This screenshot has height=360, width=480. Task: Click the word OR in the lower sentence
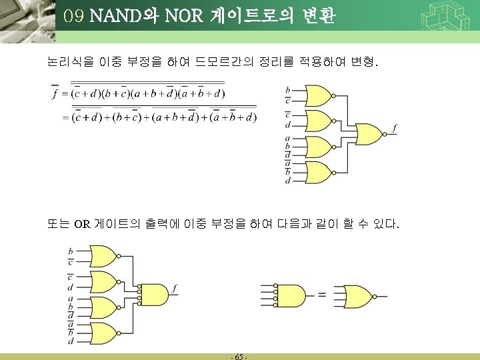tap(81, 224)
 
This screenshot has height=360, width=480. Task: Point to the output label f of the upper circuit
tap(395, 127)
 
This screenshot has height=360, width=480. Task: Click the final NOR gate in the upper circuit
tap(369, 134)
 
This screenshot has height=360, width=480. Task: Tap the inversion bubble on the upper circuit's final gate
tap(386, 134)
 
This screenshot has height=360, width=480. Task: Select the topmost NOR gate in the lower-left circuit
tap(101, 256)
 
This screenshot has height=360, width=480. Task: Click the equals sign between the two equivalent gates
tap(321, 295)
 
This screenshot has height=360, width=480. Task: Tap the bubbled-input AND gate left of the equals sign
tap(289, 294)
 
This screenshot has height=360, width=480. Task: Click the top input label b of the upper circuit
tap(287, 89)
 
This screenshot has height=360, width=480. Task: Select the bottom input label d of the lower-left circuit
tap(71, 341)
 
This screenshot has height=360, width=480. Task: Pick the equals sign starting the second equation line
tap(65, 118)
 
